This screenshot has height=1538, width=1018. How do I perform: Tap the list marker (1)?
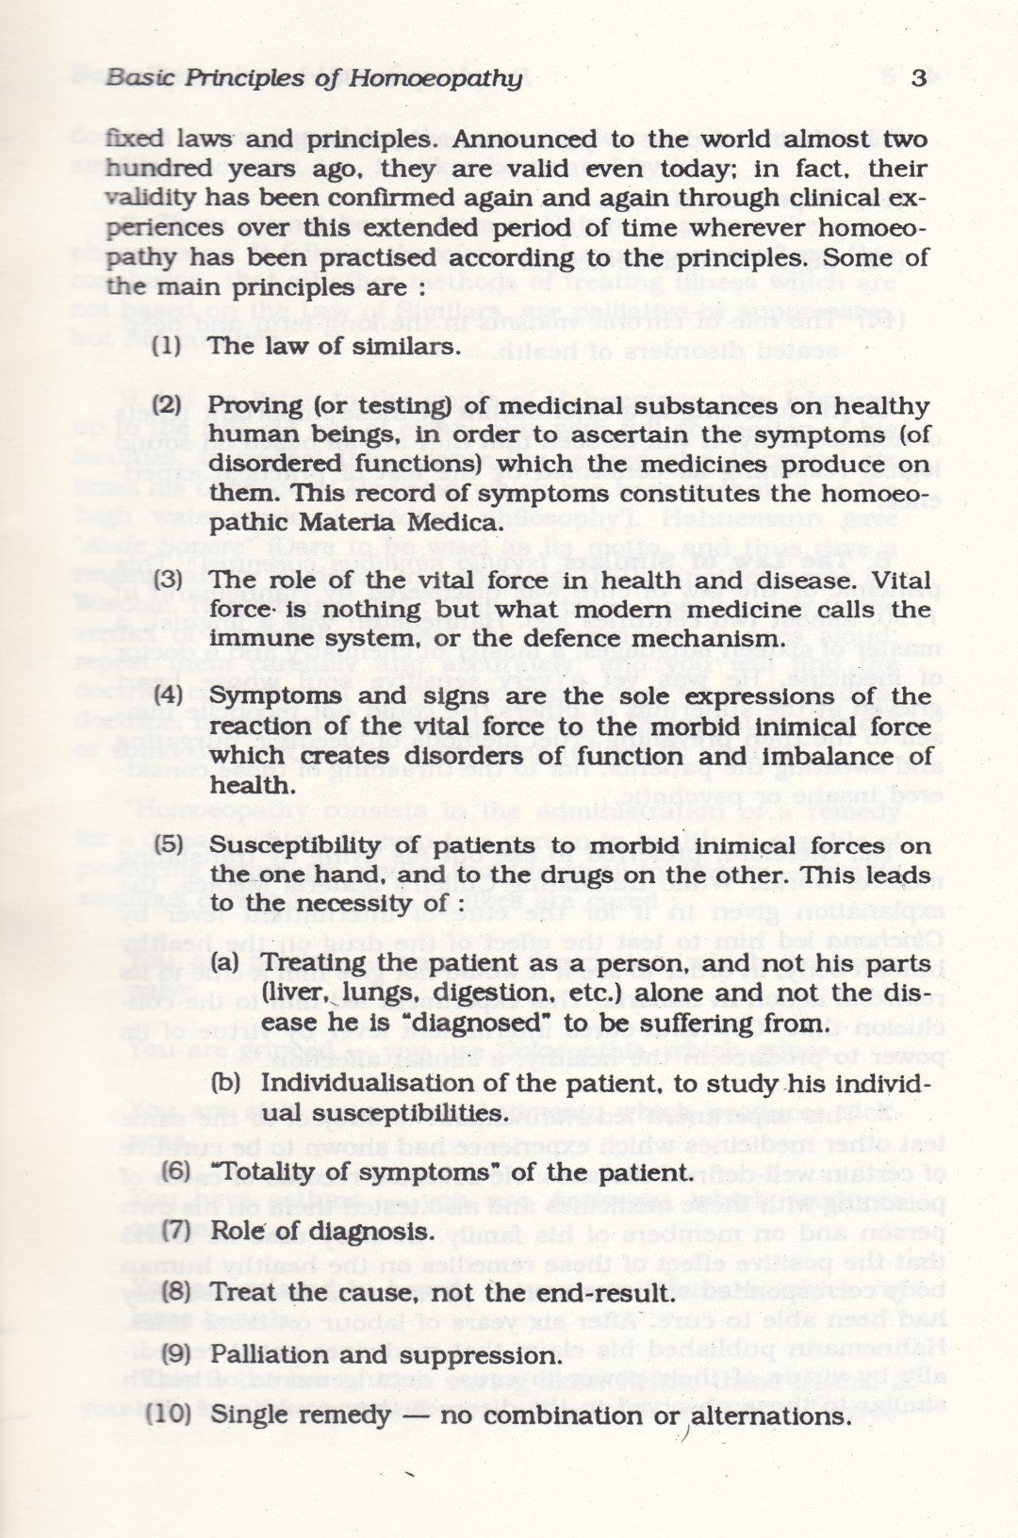(167, 345)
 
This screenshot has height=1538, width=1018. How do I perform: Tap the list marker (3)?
(167, 581)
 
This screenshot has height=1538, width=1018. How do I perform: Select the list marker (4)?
(167, 697)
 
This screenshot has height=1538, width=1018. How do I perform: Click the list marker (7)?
(176, 1231)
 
